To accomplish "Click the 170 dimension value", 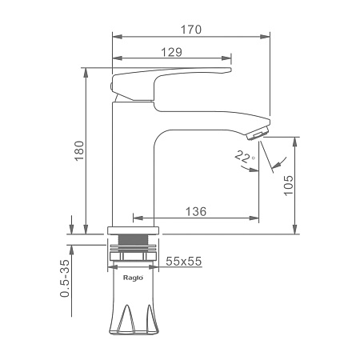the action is click(191, 30).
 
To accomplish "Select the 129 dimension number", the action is click(172, 52).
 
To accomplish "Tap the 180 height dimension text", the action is click(79, 150).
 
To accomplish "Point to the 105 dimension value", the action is click(288, 186).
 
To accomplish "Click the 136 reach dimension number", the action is click(196, 211).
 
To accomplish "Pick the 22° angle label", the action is click(244, 157).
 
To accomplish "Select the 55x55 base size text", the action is click(184, 262).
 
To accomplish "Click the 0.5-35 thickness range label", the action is click(65, 278).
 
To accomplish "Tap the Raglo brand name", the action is click(133, 278).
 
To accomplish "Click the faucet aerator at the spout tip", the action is click(258, 134).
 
